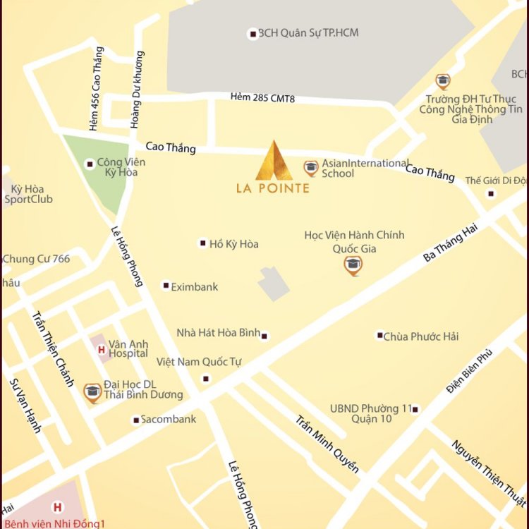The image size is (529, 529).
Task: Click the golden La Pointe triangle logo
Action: click(x=273, y=161)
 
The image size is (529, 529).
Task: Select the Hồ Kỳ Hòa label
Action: click(x=233, y=244)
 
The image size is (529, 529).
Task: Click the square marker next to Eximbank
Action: click(x=166, y=286)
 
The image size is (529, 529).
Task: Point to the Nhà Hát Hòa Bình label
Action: click(x=218, y=333)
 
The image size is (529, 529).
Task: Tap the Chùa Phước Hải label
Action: click(x=420, y=336)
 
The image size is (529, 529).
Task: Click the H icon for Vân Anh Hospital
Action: click(x=101, y=349)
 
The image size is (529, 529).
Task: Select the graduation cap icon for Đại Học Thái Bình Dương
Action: click(x=92, y=392)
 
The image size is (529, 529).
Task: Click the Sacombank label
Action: click(x=168, y=420)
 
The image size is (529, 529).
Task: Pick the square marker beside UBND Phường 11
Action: click(x=415, y=409)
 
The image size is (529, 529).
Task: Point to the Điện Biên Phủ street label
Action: click(x=468, y=372)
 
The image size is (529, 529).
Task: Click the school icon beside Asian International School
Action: click(x=310, y=168)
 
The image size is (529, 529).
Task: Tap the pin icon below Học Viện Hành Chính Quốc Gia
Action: click(x=353, y=265)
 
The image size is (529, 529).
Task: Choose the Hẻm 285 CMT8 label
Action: click(x=262, y=98)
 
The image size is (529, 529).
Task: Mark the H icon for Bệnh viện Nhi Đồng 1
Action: click(x=57, y=506)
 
